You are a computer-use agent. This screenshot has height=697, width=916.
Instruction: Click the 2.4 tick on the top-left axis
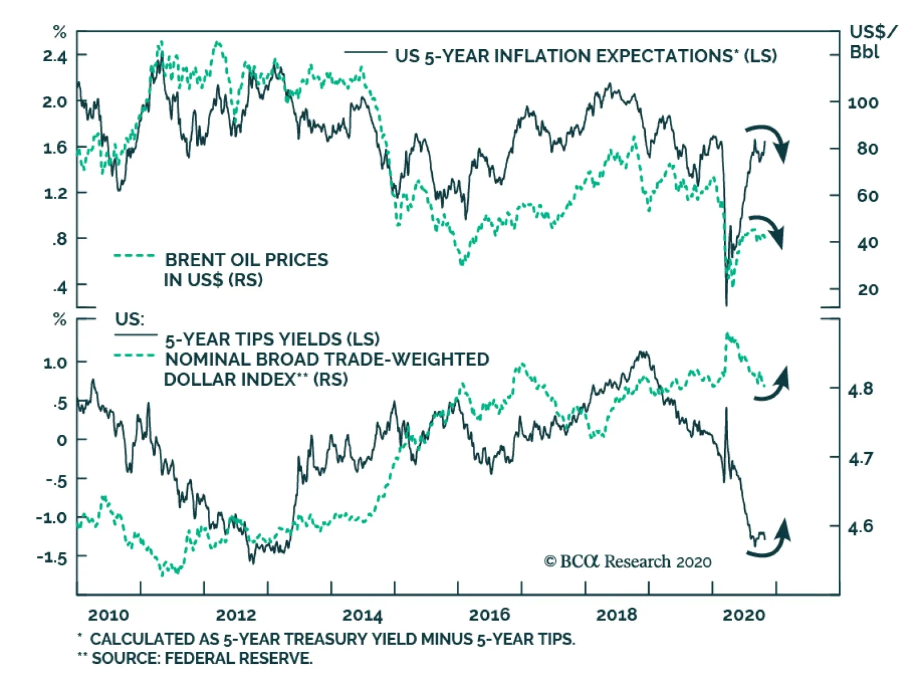tap(54, 56)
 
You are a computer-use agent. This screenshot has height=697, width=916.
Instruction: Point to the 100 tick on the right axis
tap(863, 103)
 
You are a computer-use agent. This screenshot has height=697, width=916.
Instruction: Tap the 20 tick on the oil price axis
tap(867, 290)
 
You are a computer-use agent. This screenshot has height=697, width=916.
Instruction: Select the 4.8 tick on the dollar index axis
tap(860, 390)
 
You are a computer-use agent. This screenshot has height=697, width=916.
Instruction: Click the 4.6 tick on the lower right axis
tap(860, 526)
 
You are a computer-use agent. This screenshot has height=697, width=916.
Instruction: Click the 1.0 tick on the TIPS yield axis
tap(55, 363)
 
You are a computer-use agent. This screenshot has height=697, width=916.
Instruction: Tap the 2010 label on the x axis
tap(108, 615)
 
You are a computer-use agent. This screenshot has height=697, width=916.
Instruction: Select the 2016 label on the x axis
tap(489, 615)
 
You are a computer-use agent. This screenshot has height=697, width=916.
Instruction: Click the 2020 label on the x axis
tap(744, 615)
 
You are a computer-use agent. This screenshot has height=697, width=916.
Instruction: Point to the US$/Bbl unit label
tap(871, 41)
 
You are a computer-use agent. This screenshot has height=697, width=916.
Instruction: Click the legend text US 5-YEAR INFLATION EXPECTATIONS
tap(585, 56)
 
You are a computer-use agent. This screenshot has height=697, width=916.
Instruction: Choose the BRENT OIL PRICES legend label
tap(246, 260)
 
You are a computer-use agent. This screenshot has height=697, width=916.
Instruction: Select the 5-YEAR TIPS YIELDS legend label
tap(272, 339)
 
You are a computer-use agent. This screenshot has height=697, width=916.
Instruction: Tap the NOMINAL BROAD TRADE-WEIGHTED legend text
tap(327, 359)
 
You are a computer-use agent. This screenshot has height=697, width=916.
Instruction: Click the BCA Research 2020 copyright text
tap(627, 562)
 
